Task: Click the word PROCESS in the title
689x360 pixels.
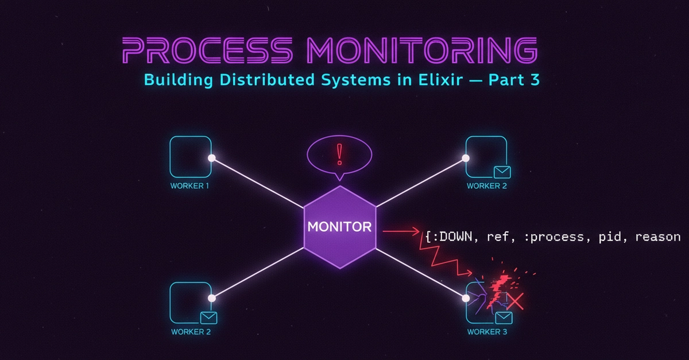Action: (x=207, y=50)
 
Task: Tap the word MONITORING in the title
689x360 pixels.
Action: (x=423, y=50)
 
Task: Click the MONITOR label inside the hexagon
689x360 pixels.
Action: (x=339, y=227)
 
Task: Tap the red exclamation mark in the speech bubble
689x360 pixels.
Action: (x=339, y=154)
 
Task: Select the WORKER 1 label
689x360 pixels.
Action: (x=190, y=186)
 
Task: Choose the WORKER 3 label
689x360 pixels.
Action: (x=487, y=332)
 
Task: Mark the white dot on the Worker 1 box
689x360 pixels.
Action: (x=212, y=158)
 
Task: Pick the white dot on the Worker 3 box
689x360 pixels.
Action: (x=466, y=298)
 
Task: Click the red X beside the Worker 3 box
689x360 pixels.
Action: (x=515, y=301)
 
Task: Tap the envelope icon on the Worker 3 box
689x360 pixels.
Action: (x=504, y=318)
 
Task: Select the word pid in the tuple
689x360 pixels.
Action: (x=610, y=237)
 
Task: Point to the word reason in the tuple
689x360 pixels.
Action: (x=658, y=237)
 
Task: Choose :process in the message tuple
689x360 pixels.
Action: (x=553, y=237)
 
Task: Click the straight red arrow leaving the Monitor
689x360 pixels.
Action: (x=401, y=231)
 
